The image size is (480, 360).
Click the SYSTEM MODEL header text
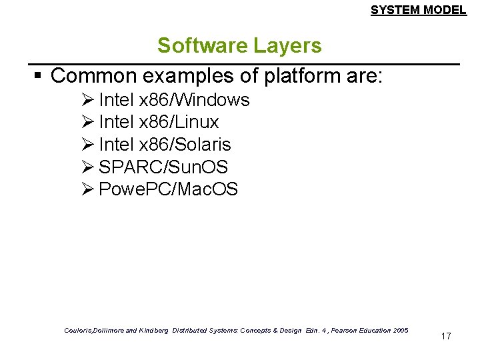click(x=418, y=10)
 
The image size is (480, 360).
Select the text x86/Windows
click(x=193, y=101)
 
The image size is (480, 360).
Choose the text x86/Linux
click(x=178, y=123)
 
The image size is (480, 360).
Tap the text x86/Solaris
click(x=184, y=145)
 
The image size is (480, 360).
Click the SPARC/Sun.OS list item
click(x=163, y=167)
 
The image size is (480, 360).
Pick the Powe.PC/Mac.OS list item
click(x=167, y=189)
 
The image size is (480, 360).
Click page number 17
click(x=446, y=337)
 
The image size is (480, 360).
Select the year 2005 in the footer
click(x=401, y=331)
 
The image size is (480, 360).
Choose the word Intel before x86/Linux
click(x=115, y=123)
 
